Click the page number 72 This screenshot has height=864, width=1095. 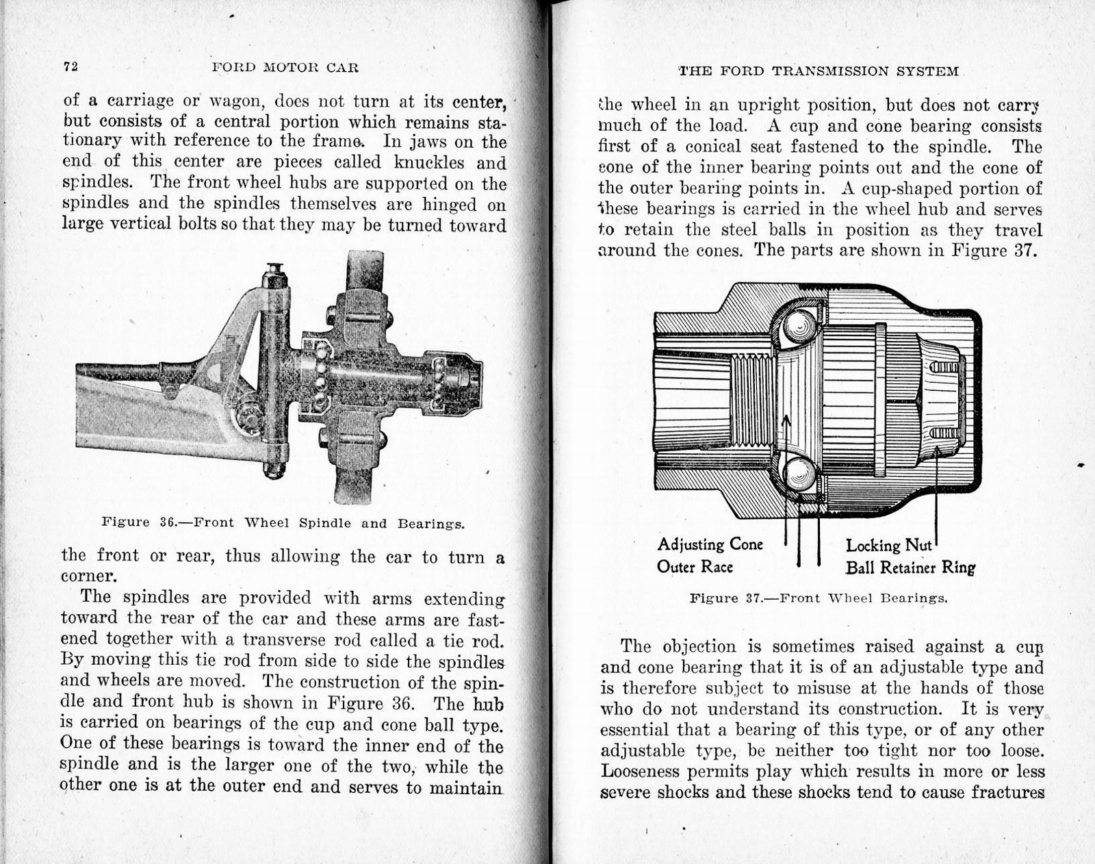click(71, 66)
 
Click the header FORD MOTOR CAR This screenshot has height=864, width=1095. click(285, 67)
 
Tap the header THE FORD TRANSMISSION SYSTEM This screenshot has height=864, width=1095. click(819, 71)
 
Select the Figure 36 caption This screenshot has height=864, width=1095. click(283, 523)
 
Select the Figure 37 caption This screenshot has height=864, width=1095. click(819, 598)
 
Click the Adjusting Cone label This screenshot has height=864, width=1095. click(710, 544)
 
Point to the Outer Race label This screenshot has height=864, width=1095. click(695, 567)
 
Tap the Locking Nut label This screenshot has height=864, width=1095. click(888, 546)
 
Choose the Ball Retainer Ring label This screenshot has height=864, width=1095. click(910, 568)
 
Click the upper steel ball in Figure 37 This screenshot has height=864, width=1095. click(799, 326)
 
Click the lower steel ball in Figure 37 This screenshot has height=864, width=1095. click(798, 472)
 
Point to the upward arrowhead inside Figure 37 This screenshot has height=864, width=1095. click(786, 419)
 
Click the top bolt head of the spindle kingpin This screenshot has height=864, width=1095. click(274, 268)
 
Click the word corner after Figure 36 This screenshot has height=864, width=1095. click(86, 576)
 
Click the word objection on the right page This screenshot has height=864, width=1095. click(697, 646)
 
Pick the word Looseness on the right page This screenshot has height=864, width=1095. click(640, 772)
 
